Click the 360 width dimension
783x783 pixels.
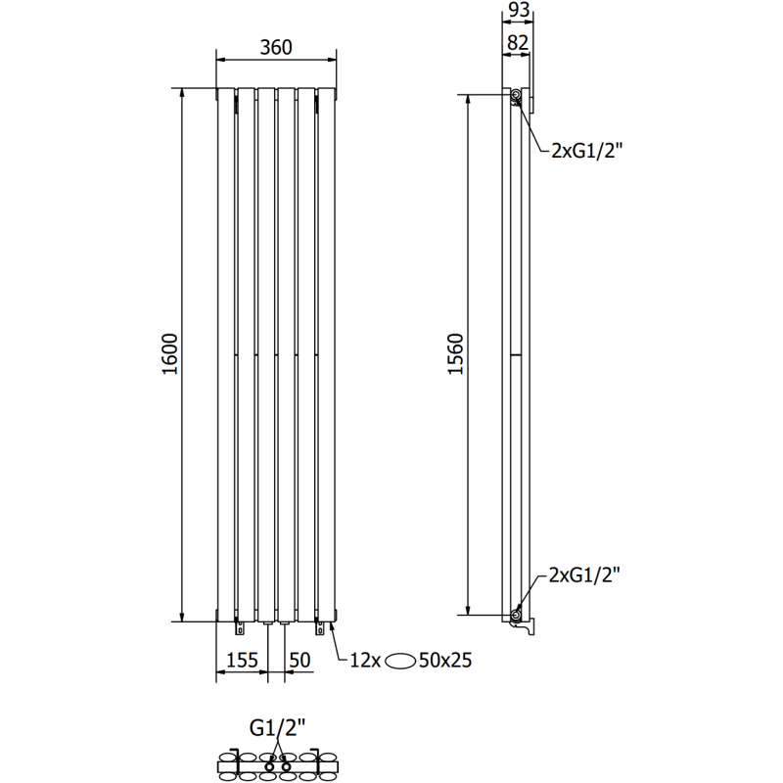coord(275,46)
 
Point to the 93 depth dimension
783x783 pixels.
coord(519,12)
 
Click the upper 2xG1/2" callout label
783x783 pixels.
coord(586,150)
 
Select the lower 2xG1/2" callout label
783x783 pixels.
coord(586,575)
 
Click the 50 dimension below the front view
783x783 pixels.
coord(299,661)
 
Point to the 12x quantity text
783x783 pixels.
coord(366,661)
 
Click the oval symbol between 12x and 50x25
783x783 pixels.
coord(402,661)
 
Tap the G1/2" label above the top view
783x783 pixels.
coord(277,727)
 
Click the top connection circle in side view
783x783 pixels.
coord(516,95)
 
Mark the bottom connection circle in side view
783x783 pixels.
coord(516,615)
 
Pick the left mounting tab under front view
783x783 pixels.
coord(237,625)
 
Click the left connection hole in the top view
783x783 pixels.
coord(270,760)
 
